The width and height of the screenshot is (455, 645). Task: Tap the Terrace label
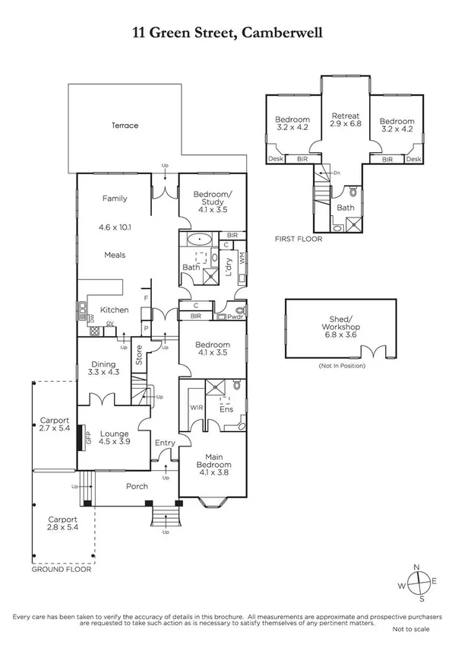pos(125,126)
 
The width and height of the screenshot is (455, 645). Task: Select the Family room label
pos(115,199)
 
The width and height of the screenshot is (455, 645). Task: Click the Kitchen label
pos(115,310)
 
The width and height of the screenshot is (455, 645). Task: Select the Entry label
pos(164,443)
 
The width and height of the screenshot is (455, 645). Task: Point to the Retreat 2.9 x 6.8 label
pos(345,121)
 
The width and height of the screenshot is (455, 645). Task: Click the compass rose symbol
pos(416,583)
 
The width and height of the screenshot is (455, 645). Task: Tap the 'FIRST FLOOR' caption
pos(299,239)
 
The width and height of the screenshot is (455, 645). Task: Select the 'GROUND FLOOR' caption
pos(61,569)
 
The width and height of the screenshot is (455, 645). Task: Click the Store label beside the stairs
pos(139,355)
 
